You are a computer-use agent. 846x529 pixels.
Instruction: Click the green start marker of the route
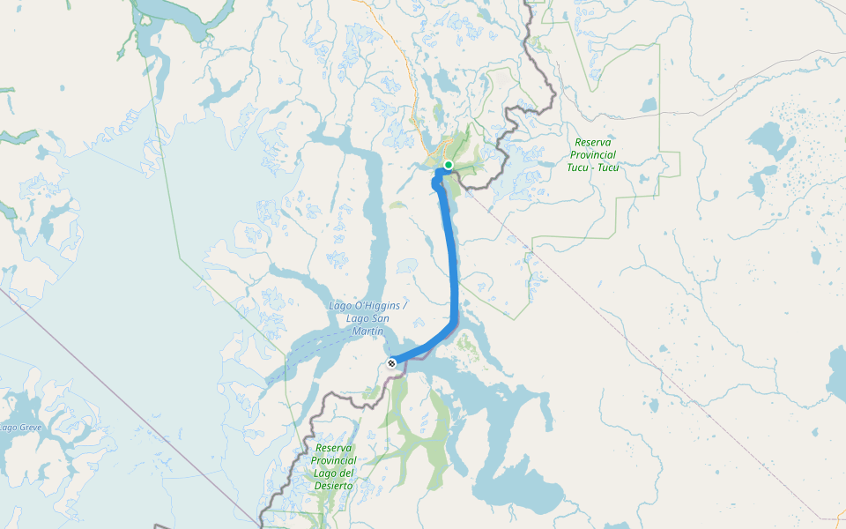[x=449, y=165]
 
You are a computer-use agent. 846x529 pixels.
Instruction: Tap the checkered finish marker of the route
[x=391, y=362]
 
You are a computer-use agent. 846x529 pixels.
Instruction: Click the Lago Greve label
[x=20, y=428]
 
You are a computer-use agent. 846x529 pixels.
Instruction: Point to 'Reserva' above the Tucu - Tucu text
[x=594, y=142]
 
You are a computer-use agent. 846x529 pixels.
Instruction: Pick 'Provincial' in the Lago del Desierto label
[x=335, y=461]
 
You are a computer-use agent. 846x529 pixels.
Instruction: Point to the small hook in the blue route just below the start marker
[x=435, y=183]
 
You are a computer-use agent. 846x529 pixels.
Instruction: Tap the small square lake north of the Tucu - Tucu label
[x=649, y=105]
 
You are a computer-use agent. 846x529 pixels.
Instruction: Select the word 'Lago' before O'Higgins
[x=343, y=306]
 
